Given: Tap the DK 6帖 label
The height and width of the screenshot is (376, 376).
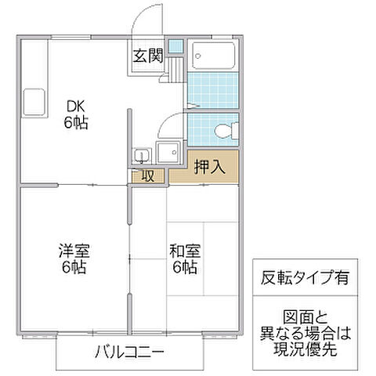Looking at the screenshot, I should (76, 114).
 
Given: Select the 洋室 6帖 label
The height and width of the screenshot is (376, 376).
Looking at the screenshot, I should (74, 259).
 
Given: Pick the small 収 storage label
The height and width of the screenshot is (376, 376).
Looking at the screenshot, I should (148, 175).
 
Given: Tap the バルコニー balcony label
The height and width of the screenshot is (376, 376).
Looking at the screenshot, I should (131, 351).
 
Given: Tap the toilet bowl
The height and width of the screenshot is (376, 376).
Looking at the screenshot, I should (226, 129).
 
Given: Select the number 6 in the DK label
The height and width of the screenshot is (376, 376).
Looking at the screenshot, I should (69, 122).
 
